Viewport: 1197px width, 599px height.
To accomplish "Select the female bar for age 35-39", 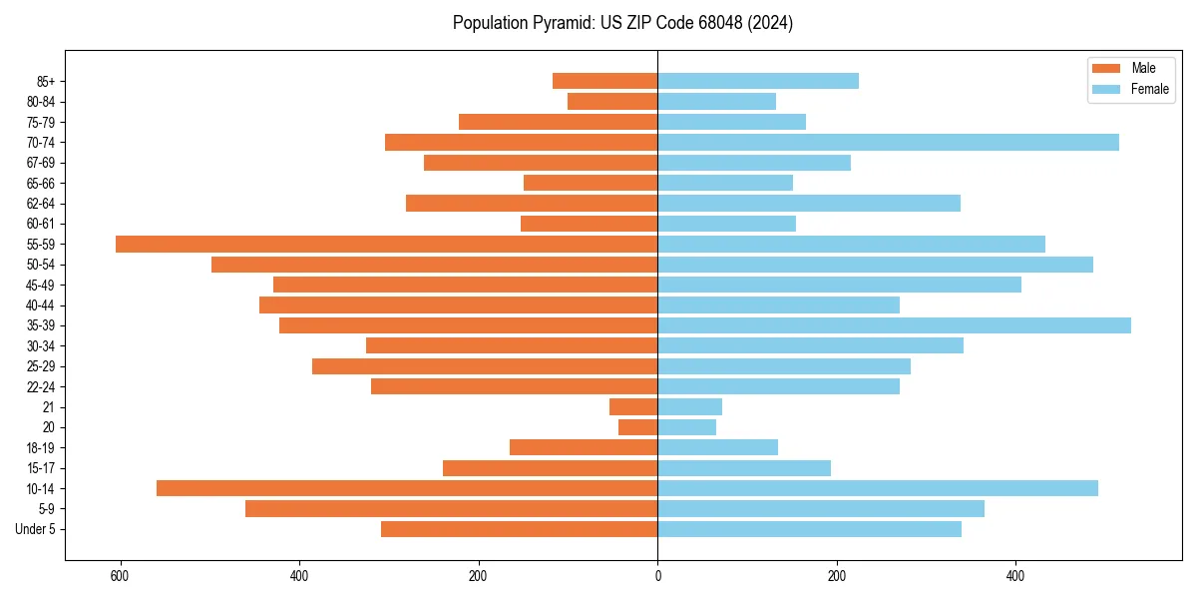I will click(894, 325).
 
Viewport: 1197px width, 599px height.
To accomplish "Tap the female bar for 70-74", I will click(888, 142).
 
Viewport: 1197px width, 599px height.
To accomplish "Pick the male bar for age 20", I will click(638, 427).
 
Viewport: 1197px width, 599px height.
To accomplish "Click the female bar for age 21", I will click(689, 406).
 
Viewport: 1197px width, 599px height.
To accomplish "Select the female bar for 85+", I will click(758, 81).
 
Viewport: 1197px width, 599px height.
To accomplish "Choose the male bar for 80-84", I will click(612, 101).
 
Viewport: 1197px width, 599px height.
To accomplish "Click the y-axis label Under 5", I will click(36, 529).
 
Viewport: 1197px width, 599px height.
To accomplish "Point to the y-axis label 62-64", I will click(41, 204).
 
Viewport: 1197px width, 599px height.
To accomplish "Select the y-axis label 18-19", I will click(41, 447).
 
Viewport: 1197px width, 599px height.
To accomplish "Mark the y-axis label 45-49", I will click(41, 285).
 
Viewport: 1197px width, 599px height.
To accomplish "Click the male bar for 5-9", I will click(451, 508).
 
